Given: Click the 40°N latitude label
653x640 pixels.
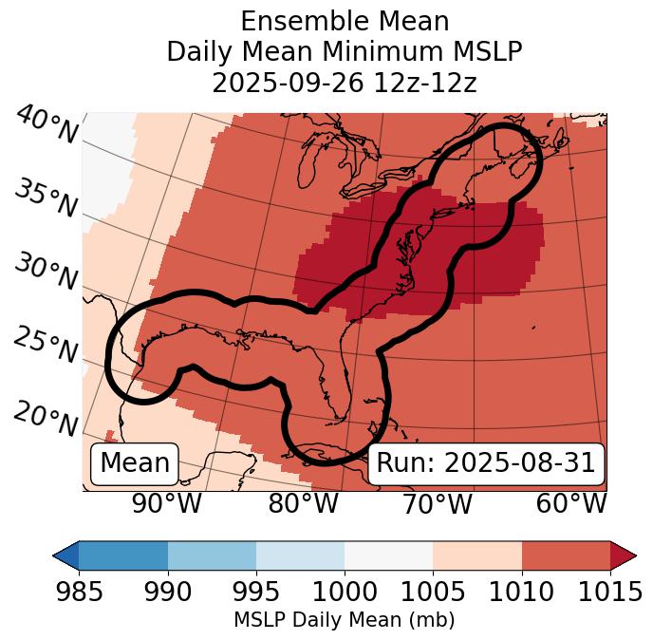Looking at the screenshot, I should (47, 125).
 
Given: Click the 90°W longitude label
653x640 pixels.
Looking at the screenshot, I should (166, 504).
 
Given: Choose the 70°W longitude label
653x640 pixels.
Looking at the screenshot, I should (438, 504).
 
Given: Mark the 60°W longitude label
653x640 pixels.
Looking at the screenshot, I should (571, 504).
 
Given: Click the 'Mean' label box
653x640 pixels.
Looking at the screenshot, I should (135, 463).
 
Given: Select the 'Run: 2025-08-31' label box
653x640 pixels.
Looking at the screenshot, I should (486, 463).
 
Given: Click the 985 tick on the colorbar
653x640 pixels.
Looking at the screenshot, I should (80, 592).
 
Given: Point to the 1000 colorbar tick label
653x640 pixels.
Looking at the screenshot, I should (345, 592).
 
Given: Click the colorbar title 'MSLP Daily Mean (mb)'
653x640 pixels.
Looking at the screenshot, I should (344, 621).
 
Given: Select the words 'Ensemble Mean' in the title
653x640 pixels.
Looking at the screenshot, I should (345, 21).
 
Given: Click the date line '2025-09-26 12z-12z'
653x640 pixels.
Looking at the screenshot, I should (345, 83).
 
